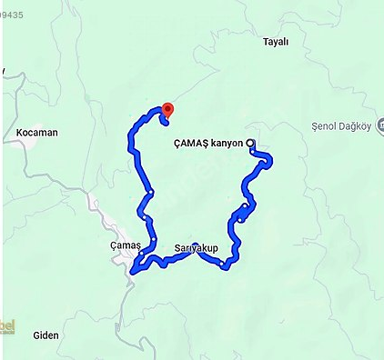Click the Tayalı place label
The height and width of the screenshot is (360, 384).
[275, 42]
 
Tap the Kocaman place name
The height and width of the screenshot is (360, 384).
[37, 133]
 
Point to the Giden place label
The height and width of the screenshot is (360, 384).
[45, 335]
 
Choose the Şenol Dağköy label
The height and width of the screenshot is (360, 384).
[339, 125]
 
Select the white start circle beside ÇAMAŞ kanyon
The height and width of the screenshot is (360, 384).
[250, 142]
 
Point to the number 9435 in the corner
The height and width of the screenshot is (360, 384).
[12, 4]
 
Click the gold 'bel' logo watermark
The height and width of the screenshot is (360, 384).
[8, 325]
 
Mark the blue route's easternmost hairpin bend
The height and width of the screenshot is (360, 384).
[270, 162]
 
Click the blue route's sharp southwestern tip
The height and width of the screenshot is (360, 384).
[133, 270]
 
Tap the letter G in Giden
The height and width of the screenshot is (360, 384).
[35, 335]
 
